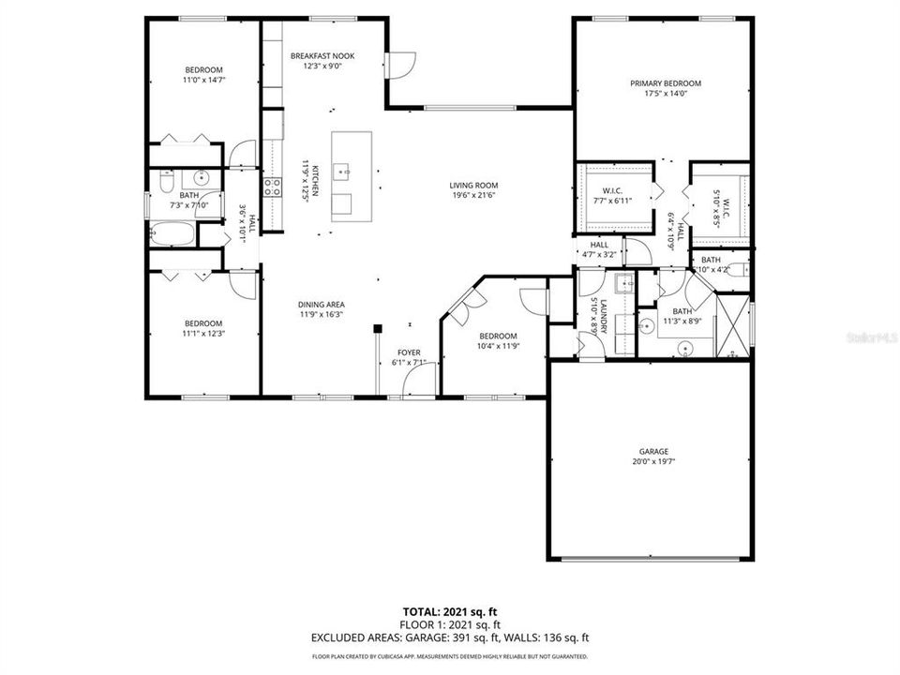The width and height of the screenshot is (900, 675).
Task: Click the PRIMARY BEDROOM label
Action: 665,83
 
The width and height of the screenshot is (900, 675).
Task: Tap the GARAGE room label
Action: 653,451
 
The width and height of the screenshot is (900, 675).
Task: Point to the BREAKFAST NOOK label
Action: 322,55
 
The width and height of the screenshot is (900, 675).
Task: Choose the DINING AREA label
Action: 322,305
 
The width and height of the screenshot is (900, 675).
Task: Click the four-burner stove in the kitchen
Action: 272,187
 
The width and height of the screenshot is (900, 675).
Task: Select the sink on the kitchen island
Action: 344,172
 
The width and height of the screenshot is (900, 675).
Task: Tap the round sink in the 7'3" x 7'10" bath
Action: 201,177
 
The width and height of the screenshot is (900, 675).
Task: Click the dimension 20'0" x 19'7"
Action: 653,462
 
